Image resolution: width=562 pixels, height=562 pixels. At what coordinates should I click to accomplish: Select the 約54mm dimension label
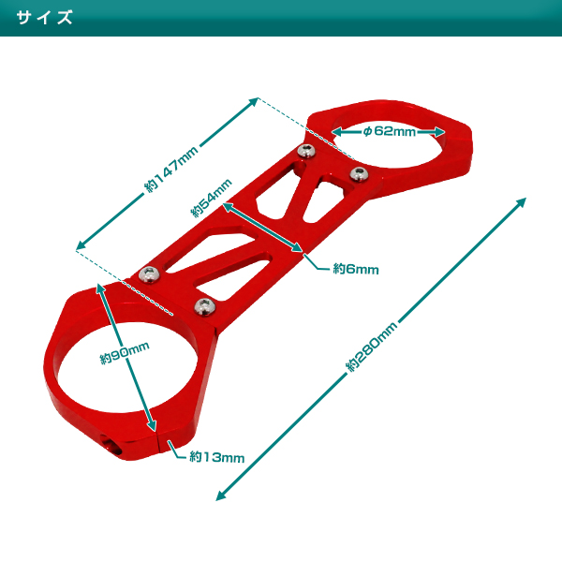[211, 199]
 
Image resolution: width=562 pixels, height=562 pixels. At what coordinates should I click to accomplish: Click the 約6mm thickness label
[355, 269]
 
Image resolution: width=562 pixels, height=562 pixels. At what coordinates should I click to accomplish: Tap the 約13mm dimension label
[216, 457]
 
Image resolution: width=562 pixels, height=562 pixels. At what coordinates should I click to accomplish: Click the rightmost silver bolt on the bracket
[357, 173]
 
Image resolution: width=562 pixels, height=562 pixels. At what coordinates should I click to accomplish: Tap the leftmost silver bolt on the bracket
[147, 274]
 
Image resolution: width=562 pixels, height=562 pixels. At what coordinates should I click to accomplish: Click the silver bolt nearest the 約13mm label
[201, 305]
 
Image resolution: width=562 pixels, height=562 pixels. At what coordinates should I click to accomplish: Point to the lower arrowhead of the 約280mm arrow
[220, 497]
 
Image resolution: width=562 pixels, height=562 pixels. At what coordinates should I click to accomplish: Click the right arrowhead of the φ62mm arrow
[445, 132]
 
